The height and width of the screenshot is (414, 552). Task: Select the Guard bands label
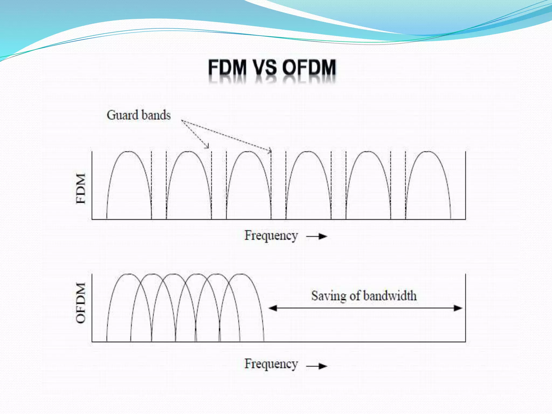(139, 115)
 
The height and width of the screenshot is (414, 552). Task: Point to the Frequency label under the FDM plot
(271, 236)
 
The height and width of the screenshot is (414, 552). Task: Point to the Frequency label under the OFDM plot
(271, 364)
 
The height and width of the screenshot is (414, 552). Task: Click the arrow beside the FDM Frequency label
(317, 236)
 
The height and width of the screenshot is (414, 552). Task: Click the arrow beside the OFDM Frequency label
(317, 366)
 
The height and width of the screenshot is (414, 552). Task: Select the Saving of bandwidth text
(364, 296)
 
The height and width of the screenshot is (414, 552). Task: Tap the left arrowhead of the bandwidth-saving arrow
(272, 308)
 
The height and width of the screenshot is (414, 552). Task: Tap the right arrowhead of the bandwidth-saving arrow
(458, 308)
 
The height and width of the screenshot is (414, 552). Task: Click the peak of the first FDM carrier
(129, 152)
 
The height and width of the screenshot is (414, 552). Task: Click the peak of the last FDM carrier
(428, 152)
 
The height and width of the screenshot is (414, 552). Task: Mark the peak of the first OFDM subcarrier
(129, 274)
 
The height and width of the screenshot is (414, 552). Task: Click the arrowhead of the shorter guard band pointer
(207, 147)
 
